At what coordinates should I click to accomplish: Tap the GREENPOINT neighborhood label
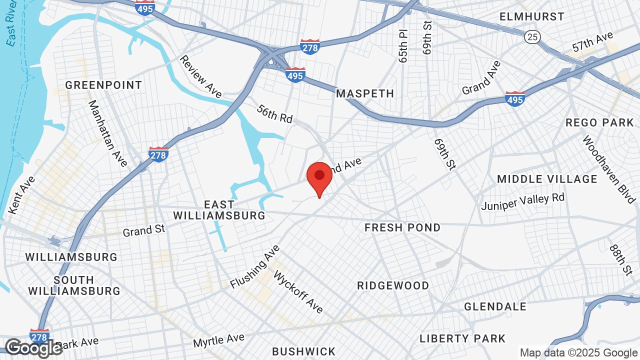[x=103, y=85]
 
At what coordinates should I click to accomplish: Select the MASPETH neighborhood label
[x=365, y=93]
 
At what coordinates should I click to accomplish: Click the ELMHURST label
[x=532, y=16]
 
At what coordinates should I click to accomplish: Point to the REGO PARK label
[x=599, y=122]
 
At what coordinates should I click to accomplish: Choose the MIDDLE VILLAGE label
[x=547, y=179]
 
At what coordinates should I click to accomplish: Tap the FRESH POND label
[x=402, y=228]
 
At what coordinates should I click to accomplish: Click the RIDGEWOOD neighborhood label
[x=393, y=285]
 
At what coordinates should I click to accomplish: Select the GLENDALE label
[x=495, y=306]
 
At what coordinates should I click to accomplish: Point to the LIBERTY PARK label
[x=462, y=338]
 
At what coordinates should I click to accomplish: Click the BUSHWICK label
[x=303, y=351]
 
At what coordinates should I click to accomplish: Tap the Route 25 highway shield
[x=531, y=36]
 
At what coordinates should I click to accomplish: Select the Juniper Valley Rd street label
[x=522, y=201]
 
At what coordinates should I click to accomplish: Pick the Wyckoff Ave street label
[x=298, y=292]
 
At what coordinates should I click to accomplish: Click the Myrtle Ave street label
[x=218, y=341]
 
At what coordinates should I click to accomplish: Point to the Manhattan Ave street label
[x=107, y=133]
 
